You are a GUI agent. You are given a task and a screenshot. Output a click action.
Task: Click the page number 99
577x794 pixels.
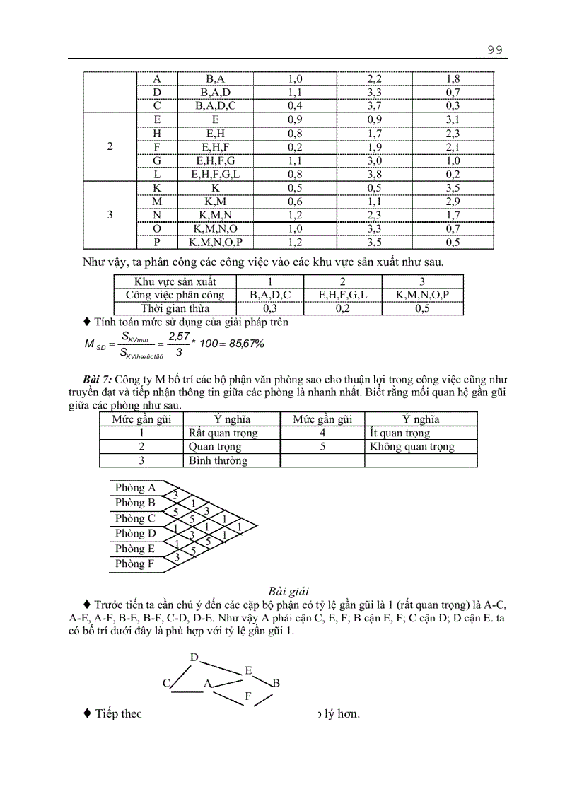(494, 49)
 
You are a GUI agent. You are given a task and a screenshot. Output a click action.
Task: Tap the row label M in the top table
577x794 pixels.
(157, 202)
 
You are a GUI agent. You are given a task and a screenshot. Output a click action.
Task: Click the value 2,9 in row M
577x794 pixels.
(453, 202)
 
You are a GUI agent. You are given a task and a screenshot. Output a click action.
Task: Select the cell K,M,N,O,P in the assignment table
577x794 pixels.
(422, 295)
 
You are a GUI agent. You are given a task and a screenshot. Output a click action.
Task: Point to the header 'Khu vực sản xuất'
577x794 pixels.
(175, 281)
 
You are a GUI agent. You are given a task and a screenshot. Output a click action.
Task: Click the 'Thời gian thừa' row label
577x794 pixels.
(175, 308)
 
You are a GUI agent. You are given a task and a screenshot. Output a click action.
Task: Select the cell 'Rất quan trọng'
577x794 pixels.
(223, 433)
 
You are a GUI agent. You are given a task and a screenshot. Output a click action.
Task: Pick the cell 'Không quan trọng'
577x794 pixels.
(412, 447)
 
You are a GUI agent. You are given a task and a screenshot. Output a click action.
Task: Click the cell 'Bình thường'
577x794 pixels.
(218, 460)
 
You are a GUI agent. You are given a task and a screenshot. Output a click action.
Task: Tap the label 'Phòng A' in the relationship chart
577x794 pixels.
(135, 488)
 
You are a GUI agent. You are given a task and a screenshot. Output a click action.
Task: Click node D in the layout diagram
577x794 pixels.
(194, 658)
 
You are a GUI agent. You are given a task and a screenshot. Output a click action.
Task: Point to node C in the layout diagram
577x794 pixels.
(167, 683)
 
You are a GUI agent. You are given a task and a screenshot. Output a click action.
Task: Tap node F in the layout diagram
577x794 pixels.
(248, 696)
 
